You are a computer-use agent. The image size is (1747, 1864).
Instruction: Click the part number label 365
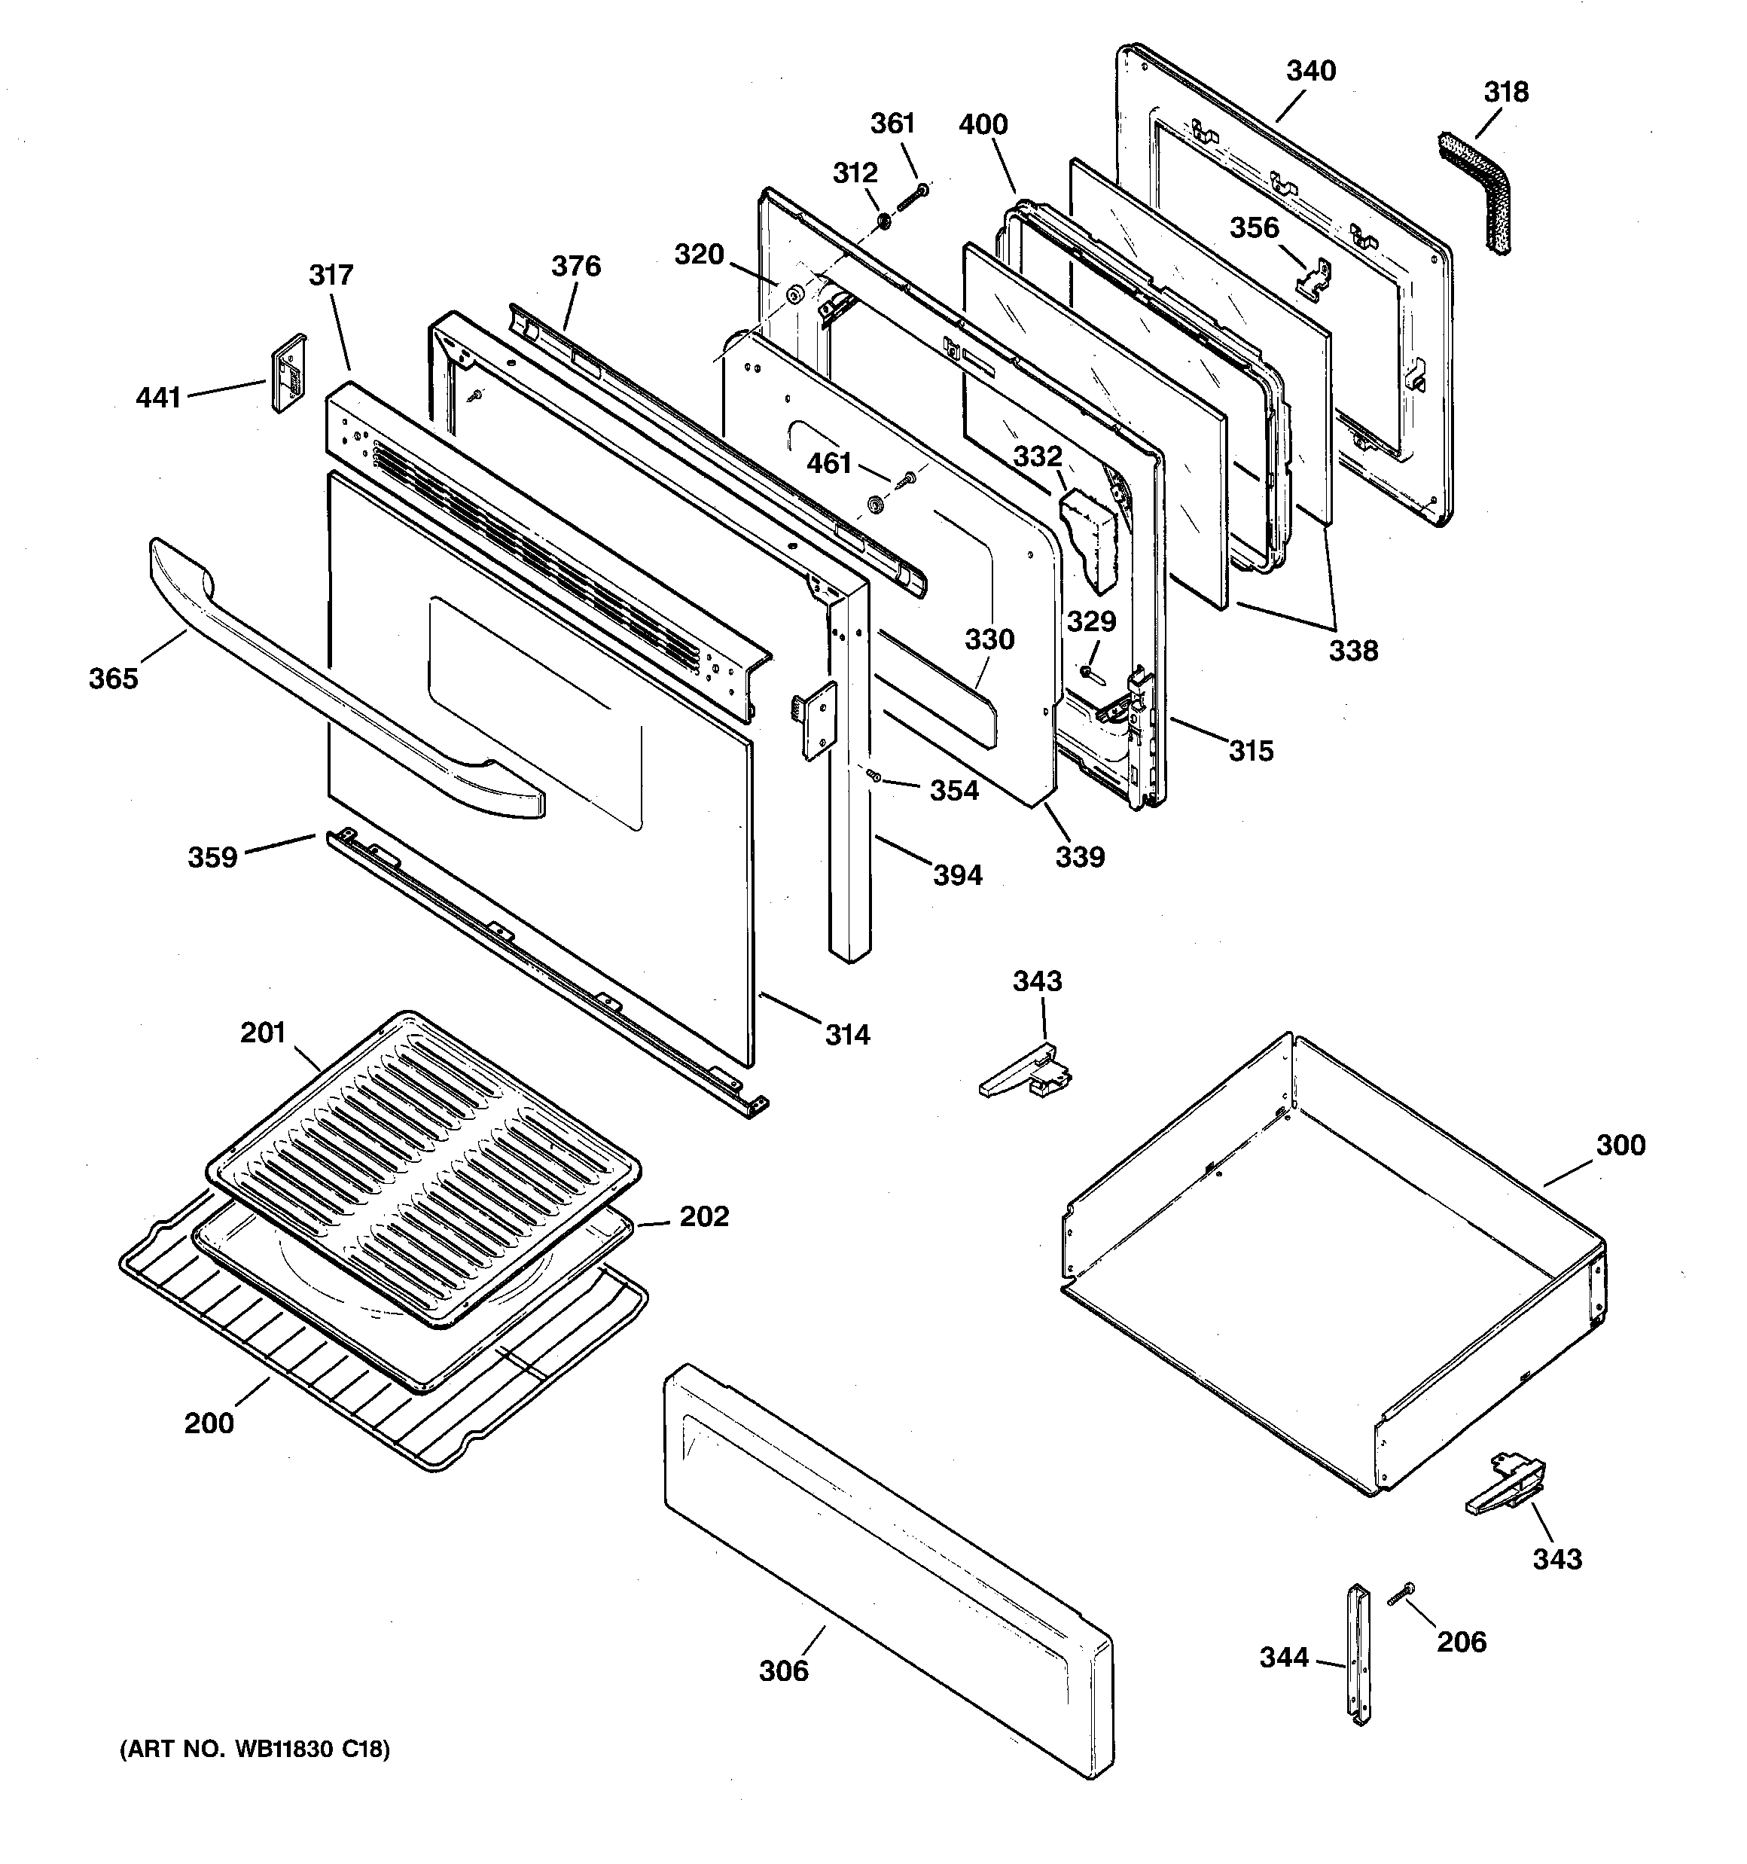(x=114, y=679)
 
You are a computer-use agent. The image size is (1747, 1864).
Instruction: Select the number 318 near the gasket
(x=1506, y=93)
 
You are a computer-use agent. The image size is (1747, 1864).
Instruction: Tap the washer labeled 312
(x=883, y=222)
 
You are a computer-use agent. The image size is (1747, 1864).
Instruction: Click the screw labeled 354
(x=874, y=774)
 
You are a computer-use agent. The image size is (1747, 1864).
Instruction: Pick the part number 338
(x=1352, y=651)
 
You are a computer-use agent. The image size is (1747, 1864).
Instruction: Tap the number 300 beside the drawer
(x=1620, y=1145)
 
